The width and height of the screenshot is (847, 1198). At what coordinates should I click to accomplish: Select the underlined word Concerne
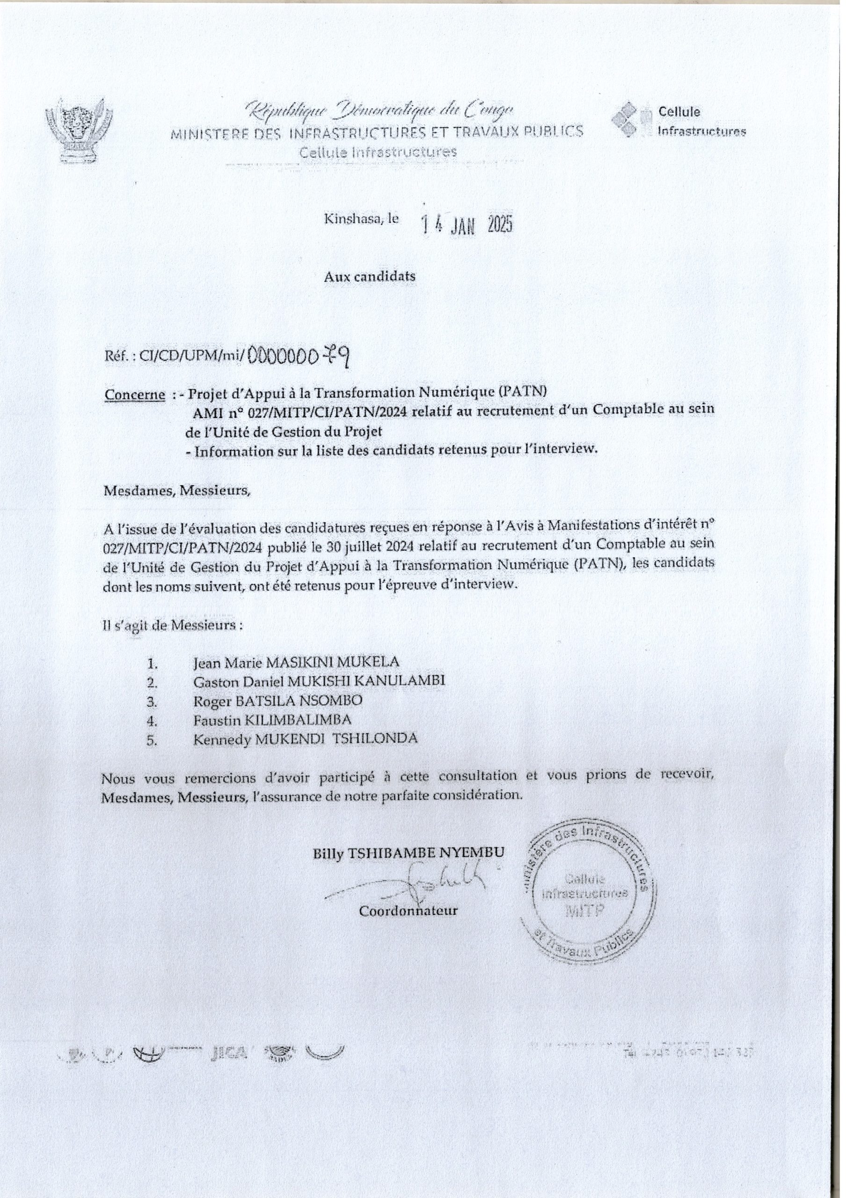135,395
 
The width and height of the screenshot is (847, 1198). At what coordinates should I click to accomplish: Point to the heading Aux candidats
370,277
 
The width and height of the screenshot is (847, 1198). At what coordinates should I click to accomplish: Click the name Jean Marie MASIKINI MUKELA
295,663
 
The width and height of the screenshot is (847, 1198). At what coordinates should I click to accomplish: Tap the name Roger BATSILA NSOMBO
277,700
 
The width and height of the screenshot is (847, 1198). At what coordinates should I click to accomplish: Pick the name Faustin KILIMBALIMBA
272,720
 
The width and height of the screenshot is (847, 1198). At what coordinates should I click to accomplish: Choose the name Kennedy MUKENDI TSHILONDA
305,739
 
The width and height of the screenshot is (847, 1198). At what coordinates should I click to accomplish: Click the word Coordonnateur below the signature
408,911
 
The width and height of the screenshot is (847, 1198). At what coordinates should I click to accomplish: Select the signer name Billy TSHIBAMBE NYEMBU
408,853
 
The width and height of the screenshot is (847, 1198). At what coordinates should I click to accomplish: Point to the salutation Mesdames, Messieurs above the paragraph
177,491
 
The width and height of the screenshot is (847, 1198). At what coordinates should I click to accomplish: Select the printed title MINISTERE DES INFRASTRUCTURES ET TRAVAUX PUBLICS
377,132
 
